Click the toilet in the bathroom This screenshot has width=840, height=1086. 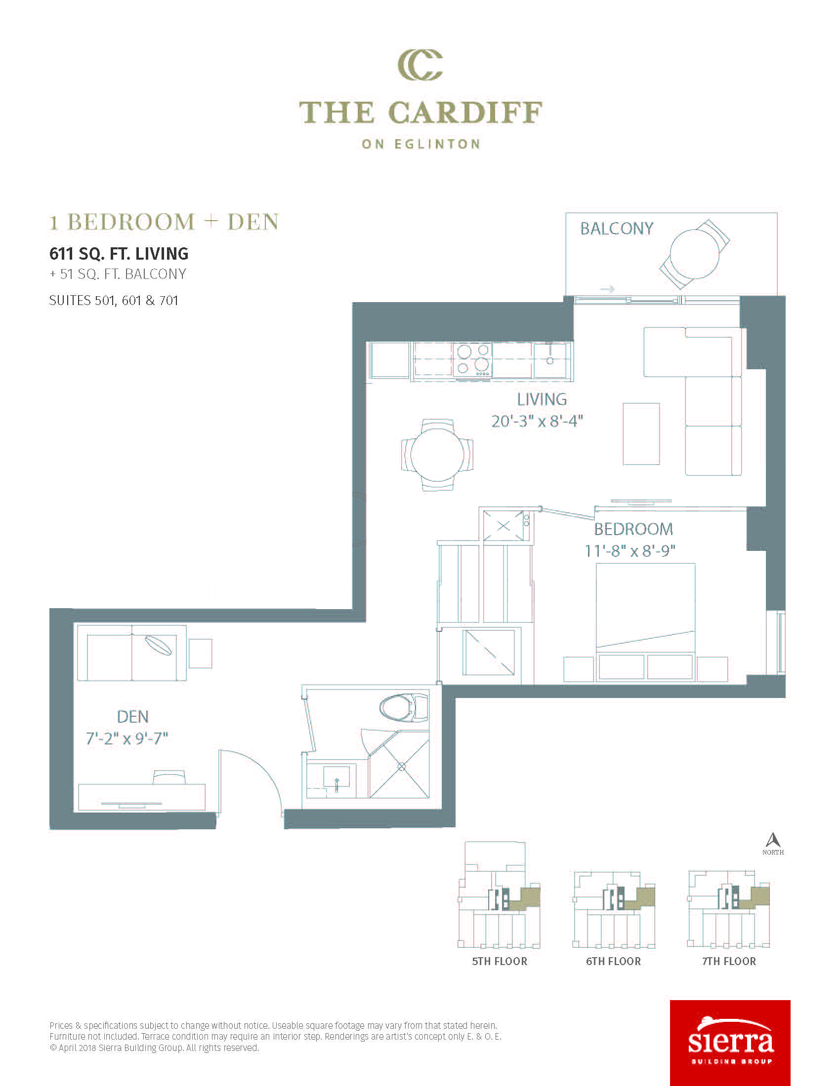404,708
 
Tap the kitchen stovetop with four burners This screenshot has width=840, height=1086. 473,360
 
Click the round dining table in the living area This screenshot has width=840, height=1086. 437,455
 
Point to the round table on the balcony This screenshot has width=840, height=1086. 695,254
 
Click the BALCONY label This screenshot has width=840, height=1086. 617,228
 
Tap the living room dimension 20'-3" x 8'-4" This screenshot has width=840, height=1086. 537,421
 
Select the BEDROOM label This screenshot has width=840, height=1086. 633,529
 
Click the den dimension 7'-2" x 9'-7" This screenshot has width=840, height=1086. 127,738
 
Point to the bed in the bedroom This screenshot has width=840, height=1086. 645,621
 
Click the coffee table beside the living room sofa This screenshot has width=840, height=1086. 641,434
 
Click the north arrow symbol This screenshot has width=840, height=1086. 773,841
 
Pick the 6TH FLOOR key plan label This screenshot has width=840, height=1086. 613,961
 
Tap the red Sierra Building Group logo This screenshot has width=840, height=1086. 730,1043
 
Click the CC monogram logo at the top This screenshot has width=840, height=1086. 420,65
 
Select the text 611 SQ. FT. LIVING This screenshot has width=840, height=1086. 119,254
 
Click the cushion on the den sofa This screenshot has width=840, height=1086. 158,646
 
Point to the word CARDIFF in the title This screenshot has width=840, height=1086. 465,113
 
